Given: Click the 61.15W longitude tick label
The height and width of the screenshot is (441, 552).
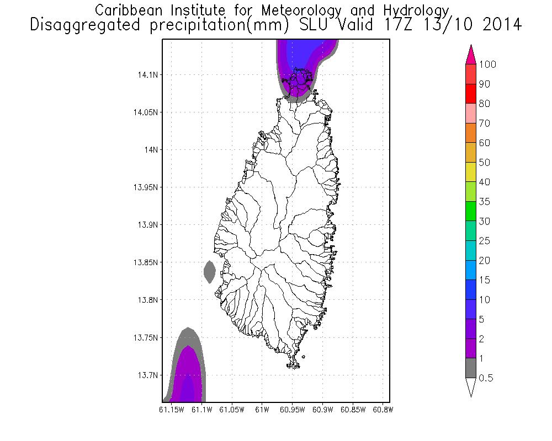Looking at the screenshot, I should click(x=170, y=410).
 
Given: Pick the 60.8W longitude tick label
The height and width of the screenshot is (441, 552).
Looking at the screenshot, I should click(x=383, y=410).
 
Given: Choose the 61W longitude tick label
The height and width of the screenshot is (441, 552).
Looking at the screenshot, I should click(x=262, y=410).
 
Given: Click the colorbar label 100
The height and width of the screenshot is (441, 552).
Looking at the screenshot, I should click(x=488, y=64).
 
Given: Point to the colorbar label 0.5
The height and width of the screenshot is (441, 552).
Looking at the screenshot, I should click(x=486, y=378).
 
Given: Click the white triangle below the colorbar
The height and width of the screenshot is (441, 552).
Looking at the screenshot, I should click(x=471, y=387).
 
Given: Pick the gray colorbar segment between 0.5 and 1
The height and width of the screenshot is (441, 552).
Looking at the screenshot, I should click(x=471, y=368).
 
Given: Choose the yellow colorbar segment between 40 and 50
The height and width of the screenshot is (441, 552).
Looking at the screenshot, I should click(x=471, y=173).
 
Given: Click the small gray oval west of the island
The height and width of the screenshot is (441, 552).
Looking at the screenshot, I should click(x=209, y=272).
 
